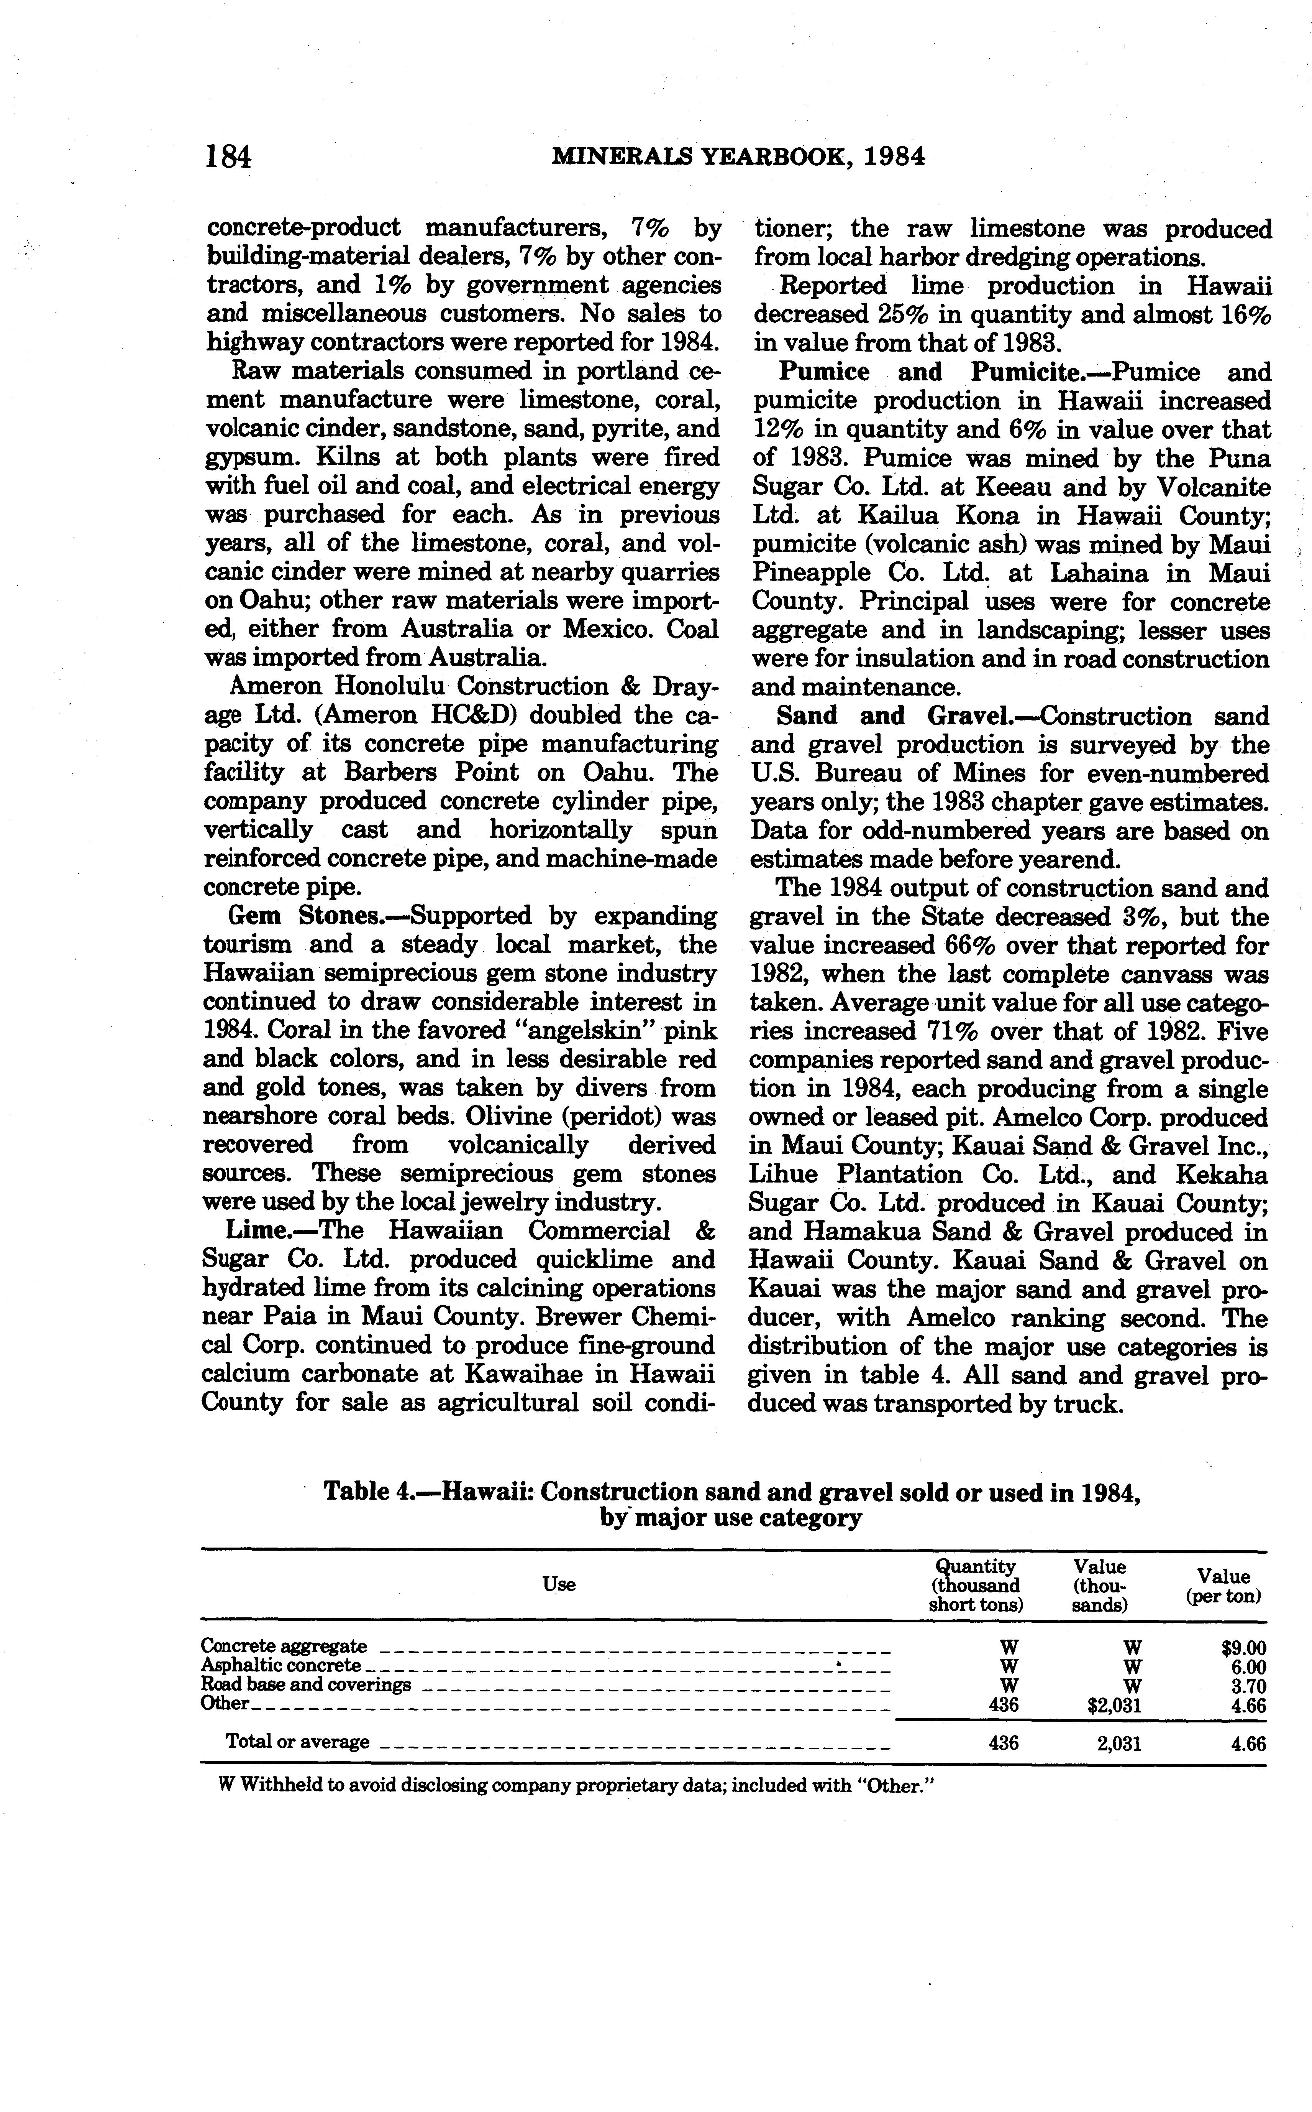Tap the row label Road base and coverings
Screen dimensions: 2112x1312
pos(305,1685)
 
